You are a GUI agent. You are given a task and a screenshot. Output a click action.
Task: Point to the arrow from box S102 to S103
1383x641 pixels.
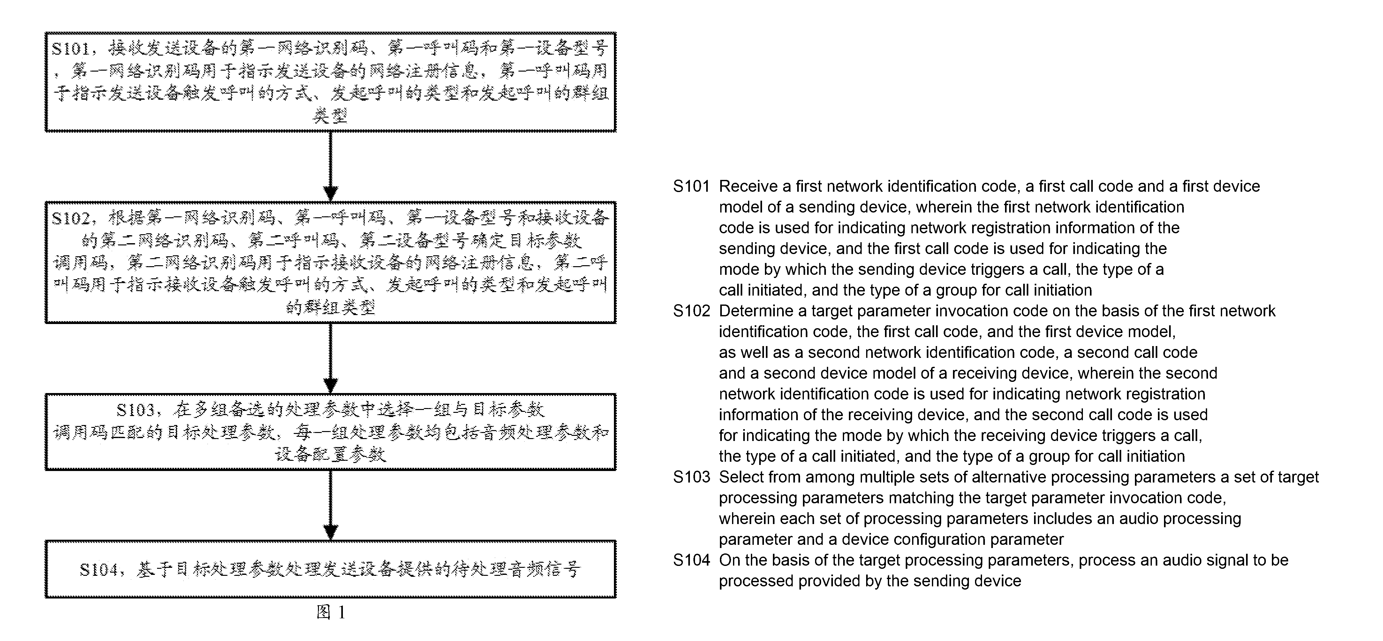[x=331, y=359]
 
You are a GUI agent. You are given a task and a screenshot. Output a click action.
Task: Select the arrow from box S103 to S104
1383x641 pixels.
[x=331, y=506]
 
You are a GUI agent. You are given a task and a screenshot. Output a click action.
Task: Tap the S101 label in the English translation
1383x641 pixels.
[x=691, y=186]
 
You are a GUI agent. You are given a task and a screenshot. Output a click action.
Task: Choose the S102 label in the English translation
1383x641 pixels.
[x=691, y=311]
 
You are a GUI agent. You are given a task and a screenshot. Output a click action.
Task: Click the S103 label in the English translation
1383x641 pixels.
[x=691, y=477]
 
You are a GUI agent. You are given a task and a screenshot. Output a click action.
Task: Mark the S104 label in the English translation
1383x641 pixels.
[x=691, y=560]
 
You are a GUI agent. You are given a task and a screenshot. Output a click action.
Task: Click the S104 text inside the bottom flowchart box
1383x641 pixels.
[x=99, y=569]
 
